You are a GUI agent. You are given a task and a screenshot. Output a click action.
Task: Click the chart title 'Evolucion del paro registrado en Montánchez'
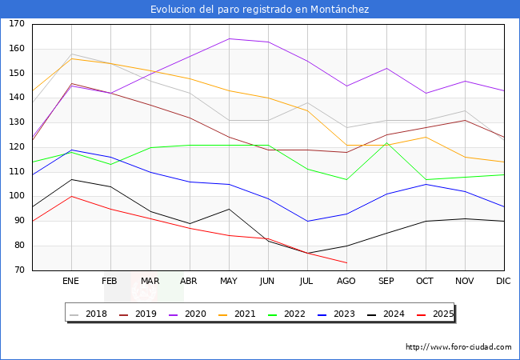point(260,9)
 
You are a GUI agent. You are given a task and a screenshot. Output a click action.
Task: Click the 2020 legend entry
point(197,314)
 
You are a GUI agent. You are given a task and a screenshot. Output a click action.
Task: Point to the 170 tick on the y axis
point(17,24)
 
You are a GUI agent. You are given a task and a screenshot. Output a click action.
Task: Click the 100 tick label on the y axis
point(17,197)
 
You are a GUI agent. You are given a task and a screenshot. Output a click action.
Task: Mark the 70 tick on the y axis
point(17,270)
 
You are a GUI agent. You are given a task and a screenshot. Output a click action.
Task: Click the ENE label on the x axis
point(71,282)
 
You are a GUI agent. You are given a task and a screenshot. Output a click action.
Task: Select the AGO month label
point(346,282)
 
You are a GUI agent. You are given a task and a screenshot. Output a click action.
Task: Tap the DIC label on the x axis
point(503,282)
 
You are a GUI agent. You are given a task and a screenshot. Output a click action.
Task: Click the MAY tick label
point(229,282)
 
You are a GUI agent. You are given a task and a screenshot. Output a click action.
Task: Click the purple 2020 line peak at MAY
point(229,38)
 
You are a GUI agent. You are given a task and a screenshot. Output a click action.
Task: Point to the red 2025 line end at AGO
point(346,262)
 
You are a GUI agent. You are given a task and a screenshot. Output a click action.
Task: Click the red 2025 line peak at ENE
point(72,196)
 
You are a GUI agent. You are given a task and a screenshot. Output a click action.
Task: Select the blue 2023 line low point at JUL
point(307,221)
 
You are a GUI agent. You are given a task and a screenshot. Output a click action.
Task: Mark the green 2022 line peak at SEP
point(386,142)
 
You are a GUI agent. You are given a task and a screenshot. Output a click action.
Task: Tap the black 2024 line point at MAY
point(229,209)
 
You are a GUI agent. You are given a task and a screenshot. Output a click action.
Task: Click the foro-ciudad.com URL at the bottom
point(458,347)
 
